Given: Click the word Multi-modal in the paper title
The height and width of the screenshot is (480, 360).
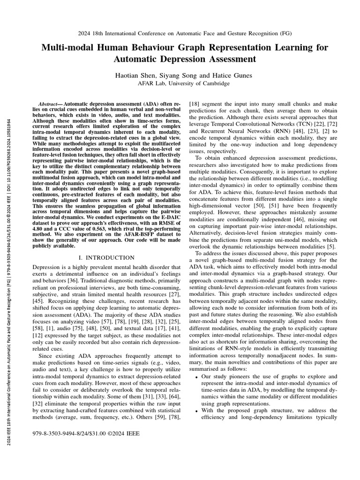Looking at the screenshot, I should point(65,48).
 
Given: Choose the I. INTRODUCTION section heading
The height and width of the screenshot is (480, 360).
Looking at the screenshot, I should point(104,257).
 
